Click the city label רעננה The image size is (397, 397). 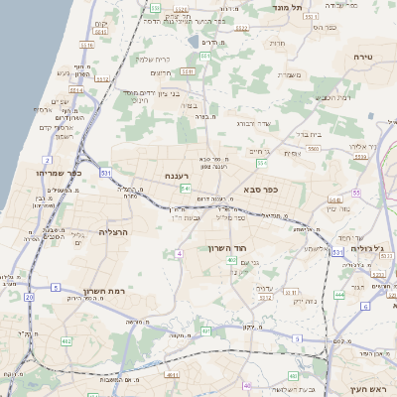178,175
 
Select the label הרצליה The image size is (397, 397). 115,230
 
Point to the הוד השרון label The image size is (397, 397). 226,247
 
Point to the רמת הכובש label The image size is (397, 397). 337,97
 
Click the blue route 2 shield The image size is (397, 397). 47,159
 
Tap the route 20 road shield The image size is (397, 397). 29,296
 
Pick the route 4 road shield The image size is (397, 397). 180,254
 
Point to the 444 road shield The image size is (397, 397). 338,294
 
